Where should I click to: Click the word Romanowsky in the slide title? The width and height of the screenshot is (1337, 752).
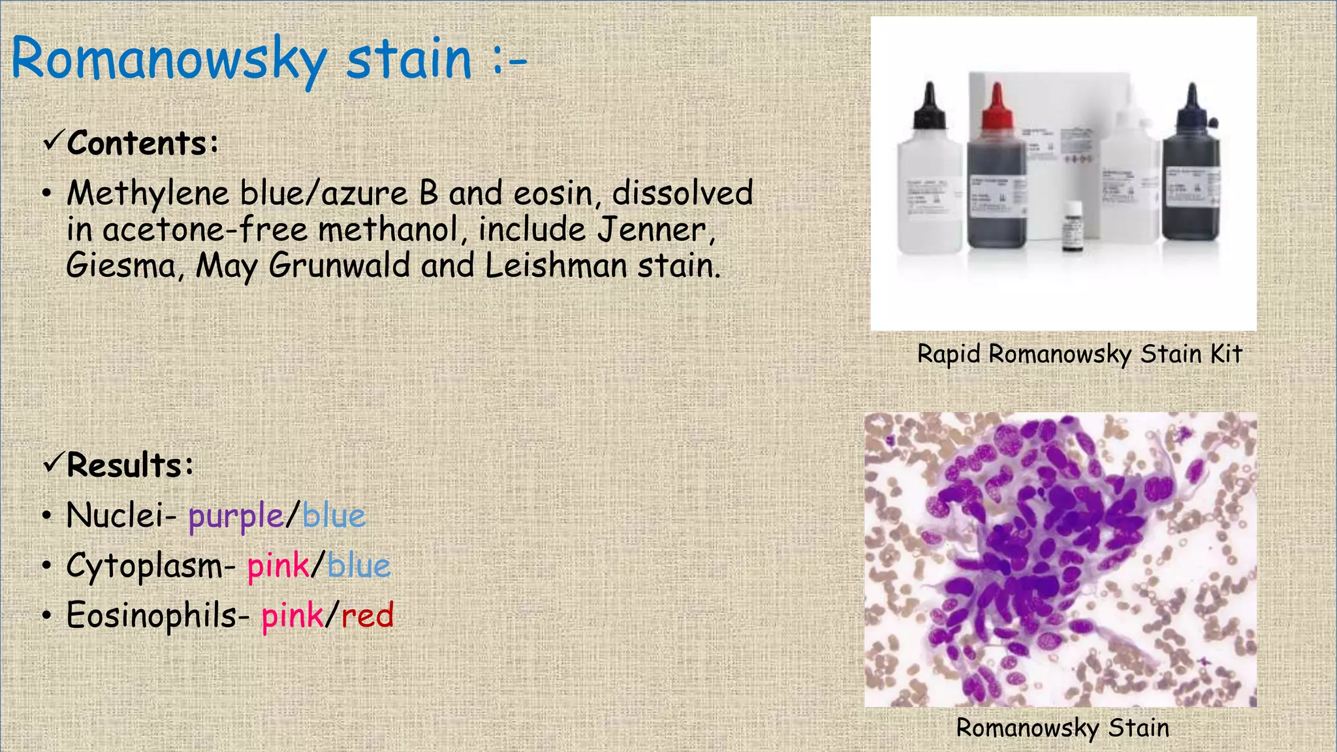pyautogui.click(x=168, y=60)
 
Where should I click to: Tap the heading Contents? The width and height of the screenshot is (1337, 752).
pyautogui.click(x=142, y=143)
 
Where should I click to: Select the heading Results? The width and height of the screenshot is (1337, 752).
pyautogui.click(x=130, y=465)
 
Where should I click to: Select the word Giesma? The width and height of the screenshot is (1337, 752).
pyautogui.click(x=120, y=266)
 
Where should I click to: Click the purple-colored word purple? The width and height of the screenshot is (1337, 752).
pyautogui.click(x=236, y=516)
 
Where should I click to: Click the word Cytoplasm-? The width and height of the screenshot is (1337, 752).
pyautogui.click(x=150, y=566)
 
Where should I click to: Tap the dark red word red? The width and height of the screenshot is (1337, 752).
pyautogui.click(x=368, y=616)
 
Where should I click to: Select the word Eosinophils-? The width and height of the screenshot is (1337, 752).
pyautogui.click(x=157, y=616)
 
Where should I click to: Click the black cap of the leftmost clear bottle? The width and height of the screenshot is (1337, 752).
pyautogui.click(x=930, y=108)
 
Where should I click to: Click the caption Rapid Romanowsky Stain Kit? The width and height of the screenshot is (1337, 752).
pyautogui.click(x=1079, y=354)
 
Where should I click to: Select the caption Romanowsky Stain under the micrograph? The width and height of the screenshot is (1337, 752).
pyautogui.click(x=1062, y=728)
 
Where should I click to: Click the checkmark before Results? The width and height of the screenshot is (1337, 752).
pyautogui.click(x=53, y=463)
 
